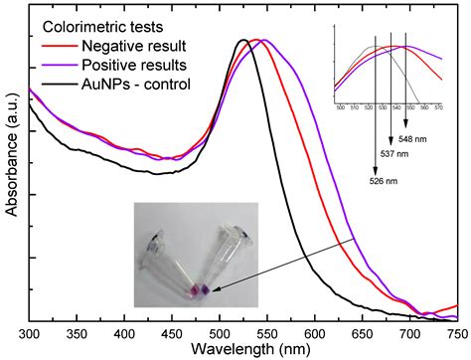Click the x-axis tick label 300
30,332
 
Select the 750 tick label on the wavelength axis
457,332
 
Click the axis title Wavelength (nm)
242,349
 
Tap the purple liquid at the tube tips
199,289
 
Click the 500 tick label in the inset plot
341,105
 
